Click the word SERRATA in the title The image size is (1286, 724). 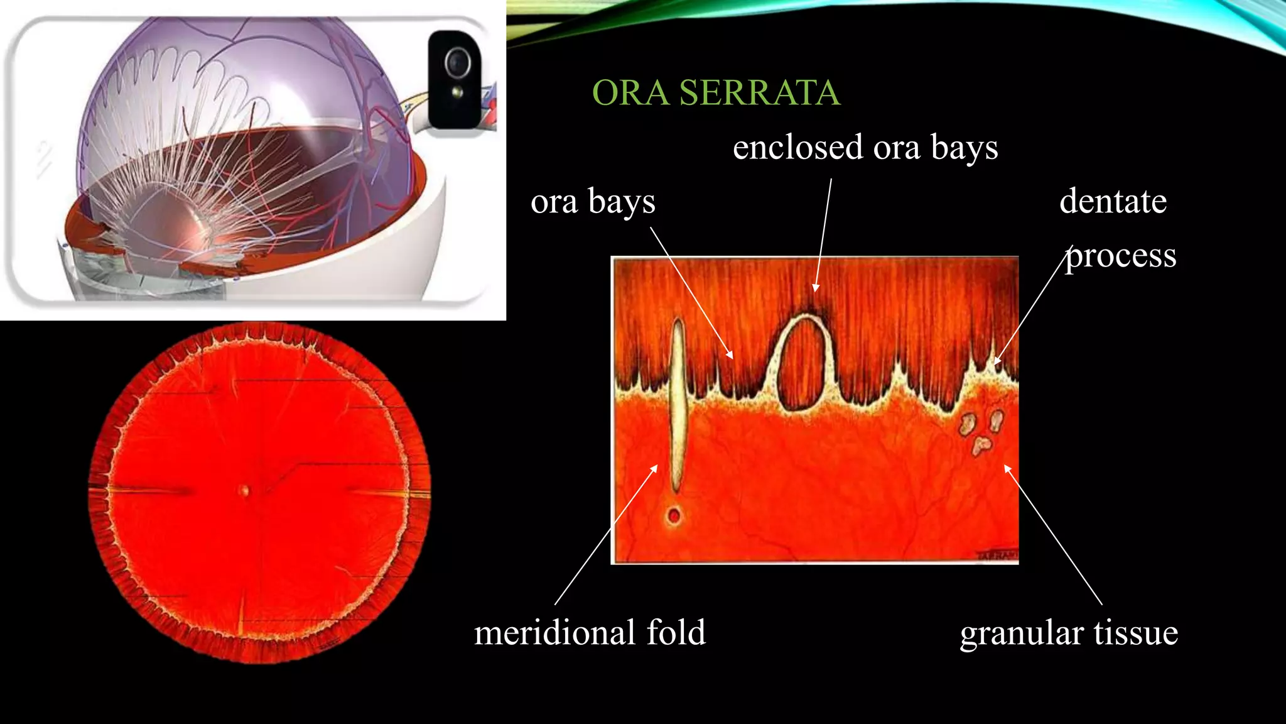click(x=759, y=93)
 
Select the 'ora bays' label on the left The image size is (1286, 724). click(x=593, y=202)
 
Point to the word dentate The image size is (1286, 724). click(x=1113, y=202)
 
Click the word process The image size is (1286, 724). click(x=1121, y=256)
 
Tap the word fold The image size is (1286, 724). click(x=676, y=632)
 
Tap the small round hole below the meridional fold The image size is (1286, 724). click(x=674, y=516)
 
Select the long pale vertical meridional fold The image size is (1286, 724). click(x=677, y=402)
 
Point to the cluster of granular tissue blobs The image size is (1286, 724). click(x=980, y=430)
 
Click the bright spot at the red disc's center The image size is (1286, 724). click(x=244, y=490)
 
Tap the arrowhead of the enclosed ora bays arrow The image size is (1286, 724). click(x=815, y=288)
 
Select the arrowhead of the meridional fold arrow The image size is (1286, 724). click(x=655, y=467)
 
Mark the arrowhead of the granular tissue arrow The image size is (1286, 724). click(x=1007, y=467)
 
